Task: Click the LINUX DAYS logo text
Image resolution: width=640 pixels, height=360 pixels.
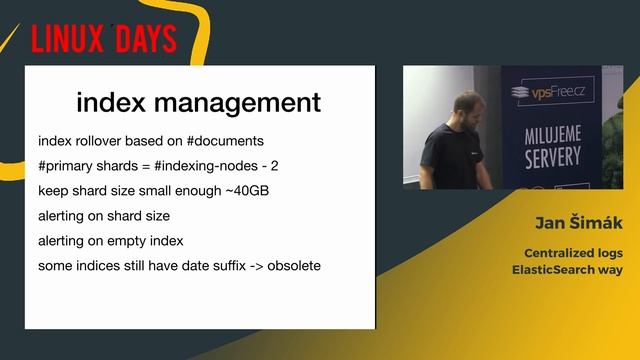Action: coord(103,39)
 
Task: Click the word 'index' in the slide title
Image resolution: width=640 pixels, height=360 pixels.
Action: coord(108,102)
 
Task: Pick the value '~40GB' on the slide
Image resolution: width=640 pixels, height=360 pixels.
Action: coord(254,190)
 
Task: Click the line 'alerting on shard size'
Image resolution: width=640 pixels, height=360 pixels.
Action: coord(104,215)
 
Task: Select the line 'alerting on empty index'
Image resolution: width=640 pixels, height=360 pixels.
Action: coord(110,241)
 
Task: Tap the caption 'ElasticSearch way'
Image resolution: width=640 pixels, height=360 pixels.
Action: coord(568,270)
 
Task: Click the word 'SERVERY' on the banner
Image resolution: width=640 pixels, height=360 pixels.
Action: coord(552,157)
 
